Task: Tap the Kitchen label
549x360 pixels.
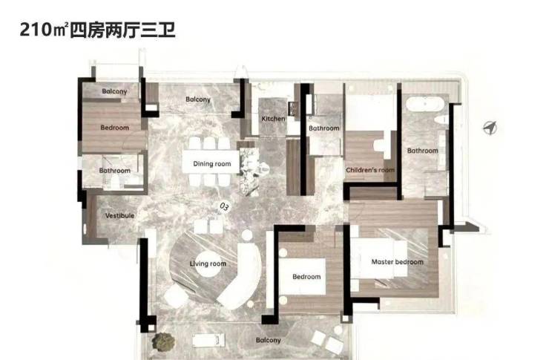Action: point(272,119)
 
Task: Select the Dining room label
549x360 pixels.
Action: point(211,163)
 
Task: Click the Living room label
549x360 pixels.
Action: point(208,264)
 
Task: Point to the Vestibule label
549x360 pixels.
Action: point(119,216)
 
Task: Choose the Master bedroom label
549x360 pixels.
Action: point(398,262)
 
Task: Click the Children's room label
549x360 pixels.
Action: point(369,170)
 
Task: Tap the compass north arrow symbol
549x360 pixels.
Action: point(489,128)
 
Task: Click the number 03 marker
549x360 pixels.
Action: point(224,206)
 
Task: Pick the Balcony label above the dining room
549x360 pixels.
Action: point(198,99)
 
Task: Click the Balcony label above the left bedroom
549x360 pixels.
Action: point(115,91)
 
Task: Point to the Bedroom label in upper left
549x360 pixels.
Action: point(115,128)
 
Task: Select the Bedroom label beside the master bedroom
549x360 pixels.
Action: point(306,277)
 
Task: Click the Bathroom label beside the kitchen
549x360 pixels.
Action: point(324,128)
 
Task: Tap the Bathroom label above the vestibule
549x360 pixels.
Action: point(115,171)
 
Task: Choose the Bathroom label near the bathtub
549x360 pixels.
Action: point(422,151)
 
